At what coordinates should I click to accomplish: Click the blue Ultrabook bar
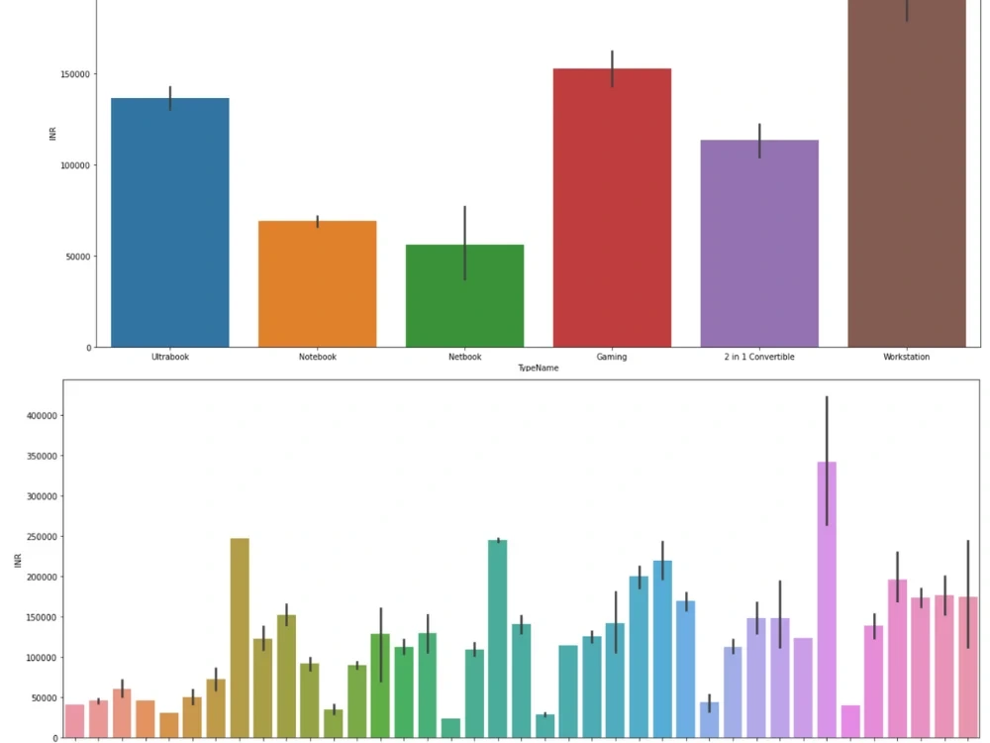click(x=170, y=223)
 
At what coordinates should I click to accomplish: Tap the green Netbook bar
click(x=464, y=296)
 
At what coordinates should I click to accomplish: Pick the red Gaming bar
click(x=612, y=208)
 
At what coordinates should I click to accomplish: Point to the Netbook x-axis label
click(x=464, y=357)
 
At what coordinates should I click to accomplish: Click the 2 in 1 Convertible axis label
click(x=759, y=357)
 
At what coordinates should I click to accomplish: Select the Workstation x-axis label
click(x=907, y=357)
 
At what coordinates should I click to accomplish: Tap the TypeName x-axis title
click(x=539, y=368)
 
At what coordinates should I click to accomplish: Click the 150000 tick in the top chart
click(x=76, y=74)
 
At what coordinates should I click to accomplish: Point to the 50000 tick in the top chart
click(x=79, y=257)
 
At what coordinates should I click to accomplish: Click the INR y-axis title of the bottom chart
click(x=17, y=561)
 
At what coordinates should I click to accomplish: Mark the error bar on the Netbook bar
click(x=464, y=243)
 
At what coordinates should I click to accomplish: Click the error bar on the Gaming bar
click(x=613, y=68)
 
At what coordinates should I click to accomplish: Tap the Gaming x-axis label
click(x=612, y=357)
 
